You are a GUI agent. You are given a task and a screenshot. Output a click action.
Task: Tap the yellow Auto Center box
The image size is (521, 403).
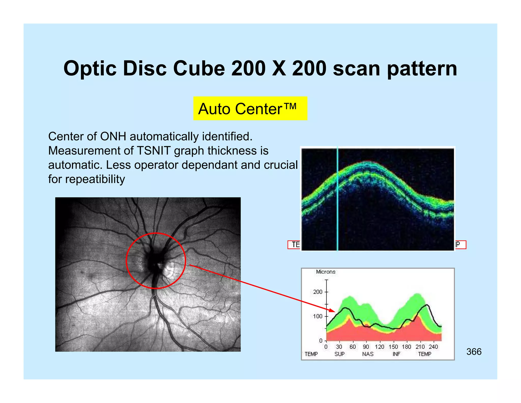tap(250, 109)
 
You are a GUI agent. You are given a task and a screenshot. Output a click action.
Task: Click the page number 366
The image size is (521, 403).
tap(474, 352)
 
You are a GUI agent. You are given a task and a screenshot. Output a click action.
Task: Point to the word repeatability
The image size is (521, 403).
tap(95, 179)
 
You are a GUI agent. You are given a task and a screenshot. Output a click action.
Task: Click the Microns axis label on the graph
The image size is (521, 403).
tap(326, 272)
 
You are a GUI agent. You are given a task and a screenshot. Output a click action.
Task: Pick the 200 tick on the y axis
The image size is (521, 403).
tap(318, 292)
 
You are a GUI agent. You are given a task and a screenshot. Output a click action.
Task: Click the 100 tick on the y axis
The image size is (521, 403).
tap(318, 316)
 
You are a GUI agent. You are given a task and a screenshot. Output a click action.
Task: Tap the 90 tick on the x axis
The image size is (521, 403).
tap(366, 347)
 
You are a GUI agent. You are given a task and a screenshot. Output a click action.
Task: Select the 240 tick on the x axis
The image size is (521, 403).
tap(433, 347)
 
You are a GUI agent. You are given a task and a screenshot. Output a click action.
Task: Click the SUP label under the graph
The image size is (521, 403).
tap(339, 354)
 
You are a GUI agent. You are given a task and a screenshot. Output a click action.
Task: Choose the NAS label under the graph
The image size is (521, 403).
tap(368, 354)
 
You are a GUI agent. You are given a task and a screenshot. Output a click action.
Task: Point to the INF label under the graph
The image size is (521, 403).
tap(396, 354)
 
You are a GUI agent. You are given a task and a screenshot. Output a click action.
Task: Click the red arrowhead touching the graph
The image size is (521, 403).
tap(332, 310)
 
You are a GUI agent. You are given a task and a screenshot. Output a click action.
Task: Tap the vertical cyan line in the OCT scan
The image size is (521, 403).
tap(338, 199)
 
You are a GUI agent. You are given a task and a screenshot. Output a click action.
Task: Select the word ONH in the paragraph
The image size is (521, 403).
tap(113, 136)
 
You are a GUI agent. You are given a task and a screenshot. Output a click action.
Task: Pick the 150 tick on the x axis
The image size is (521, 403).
tap(393, 347)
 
